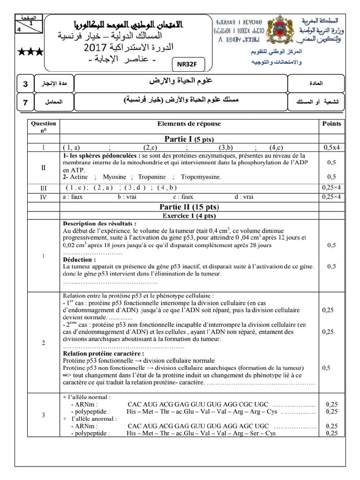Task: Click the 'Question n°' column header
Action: [x=43, y=127]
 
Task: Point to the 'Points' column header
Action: [x=331, y=124]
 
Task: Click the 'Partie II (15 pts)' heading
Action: [x=189, y=206]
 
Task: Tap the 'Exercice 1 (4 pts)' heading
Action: [x=189, y=216]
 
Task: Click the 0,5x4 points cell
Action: [x=331, y=147]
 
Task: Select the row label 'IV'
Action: [x=44, y=197]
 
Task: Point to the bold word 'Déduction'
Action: [x=79, y=259]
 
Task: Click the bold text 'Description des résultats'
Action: [x=99, y=224]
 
